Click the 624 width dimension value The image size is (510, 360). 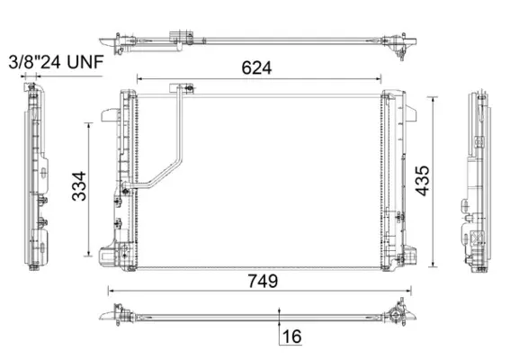pos(256,68)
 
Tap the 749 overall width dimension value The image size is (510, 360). pos(263,281)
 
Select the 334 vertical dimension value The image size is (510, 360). pos(79,186)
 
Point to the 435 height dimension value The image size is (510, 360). pos(423,181)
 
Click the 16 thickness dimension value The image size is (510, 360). pos(291,337)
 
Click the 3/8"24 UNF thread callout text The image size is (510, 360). pos(56,62)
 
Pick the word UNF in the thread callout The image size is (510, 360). pos(85,62)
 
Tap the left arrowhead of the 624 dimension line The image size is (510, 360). pos(139,78)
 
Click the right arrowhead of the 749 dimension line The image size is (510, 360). pos(408,290)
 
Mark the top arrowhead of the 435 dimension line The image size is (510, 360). pos(433,100)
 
